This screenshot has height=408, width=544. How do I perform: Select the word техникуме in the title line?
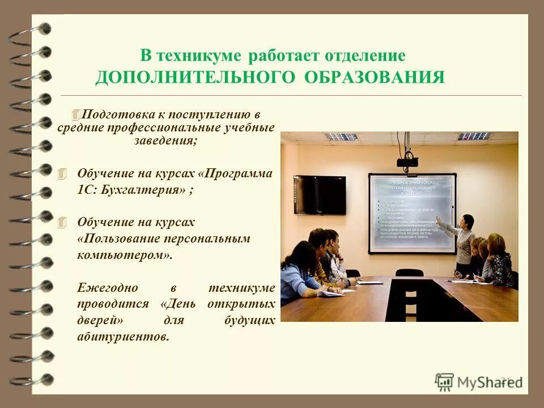(x=199, y=57)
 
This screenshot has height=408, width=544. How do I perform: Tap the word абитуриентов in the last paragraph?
(x=122, y=337)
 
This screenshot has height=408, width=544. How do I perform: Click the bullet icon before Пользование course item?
(x=62, y=222)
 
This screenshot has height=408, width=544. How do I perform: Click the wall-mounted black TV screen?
(x=320, y=194)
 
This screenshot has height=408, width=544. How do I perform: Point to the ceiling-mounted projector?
(x=407, y=161)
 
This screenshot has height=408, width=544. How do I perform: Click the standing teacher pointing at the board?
(x=463, y=244)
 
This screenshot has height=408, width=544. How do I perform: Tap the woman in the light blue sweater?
(x=299, y=273)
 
